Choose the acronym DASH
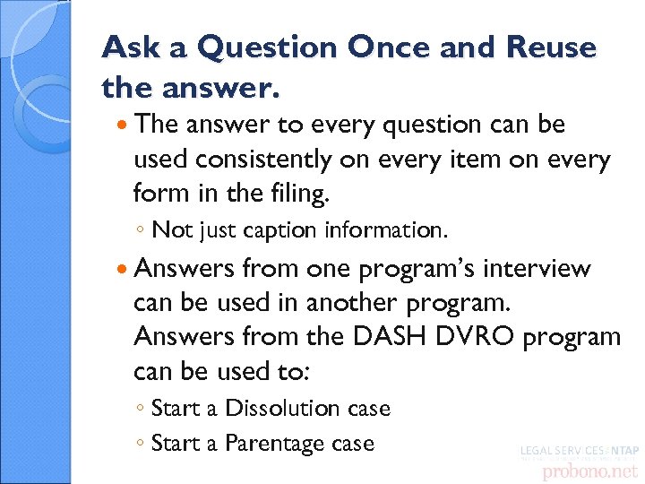[x=399, y=337]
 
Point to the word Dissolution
[x=284, y=409]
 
